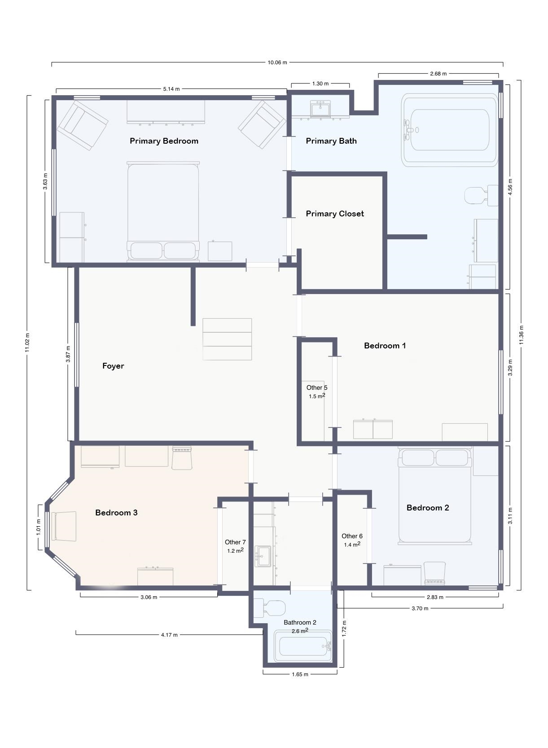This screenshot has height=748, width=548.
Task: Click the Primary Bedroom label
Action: pyautogui.click(x=164, y=141)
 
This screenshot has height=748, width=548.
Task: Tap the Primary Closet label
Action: pyautogui.click(x=335, y=214)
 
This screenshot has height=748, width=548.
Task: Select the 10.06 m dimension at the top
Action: pyautogui.click(x=277, y=62)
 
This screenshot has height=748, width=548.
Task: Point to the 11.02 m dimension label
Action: pyautogui.click(x=27, y=342)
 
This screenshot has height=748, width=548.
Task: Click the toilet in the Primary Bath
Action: pyautogui.click(x=481, y=196)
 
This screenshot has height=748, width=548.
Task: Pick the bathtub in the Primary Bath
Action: pyautogui.click(x=450, y=130)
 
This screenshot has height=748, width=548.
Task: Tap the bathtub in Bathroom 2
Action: pyautogui.click(x=302, y=646)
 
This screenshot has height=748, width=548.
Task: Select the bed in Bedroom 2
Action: pyautogui.click(x=434, y=496)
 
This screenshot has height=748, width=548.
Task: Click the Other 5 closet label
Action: pyautogui.click(x=317, y=387)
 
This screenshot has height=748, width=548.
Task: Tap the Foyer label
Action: pyautogui.click(x=113, y=366)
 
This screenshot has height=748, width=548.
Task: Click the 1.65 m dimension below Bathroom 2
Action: pyautogui.click(x=300, y=674)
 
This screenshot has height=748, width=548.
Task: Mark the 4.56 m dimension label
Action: pyautogui.click(x=509, y=187)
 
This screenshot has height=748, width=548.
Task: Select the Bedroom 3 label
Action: pyautogui.click(x=116, y=513)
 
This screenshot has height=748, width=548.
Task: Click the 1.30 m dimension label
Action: pyautogui.click(x=320, y=84)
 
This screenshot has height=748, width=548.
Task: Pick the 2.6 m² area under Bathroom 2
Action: pyautogui.click(x=300, y=631)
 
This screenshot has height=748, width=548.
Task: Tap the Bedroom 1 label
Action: pyautogui.click(x=385, y=346)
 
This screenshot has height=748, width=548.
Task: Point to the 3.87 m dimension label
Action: pyautogui.click(x=68, y=354)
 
